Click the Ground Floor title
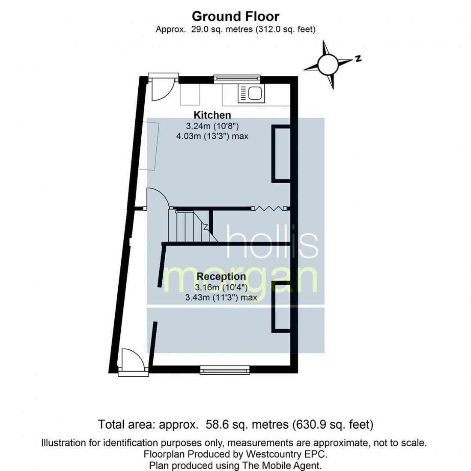point(235,16)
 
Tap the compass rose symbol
point(327,65)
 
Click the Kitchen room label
point(212,115)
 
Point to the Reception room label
point(221,276)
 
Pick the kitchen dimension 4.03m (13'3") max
point(212,136)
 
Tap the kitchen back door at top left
point(161,88)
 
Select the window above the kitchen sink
point(237,78)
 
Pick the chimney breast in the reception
point(281,307)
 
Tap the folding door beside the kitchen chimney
point(268,209)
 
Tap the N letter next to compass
point(358,59)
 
